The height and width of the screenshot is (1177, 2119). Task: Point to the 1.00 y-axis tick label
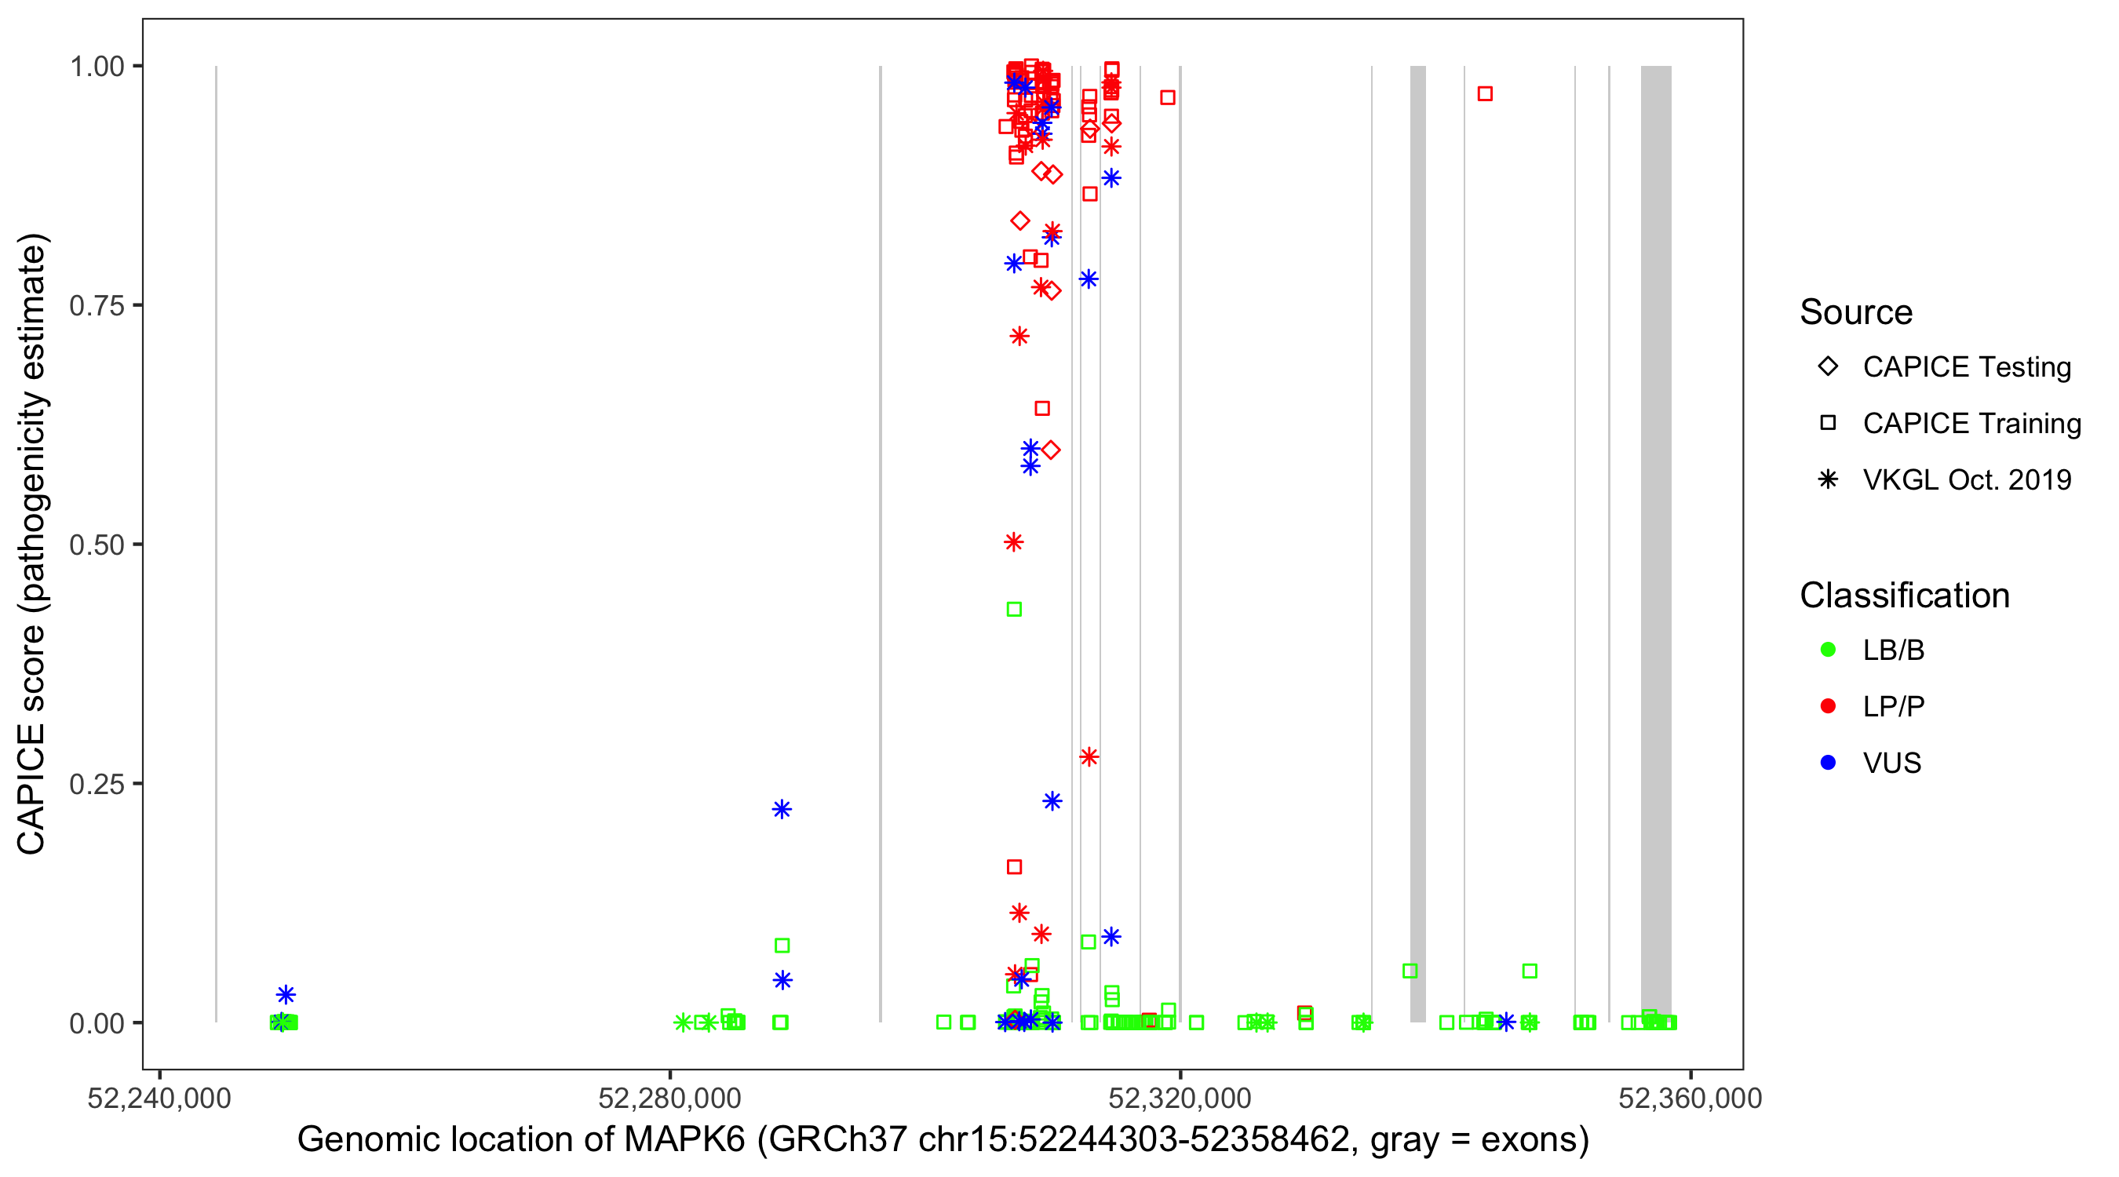tap(97, 67)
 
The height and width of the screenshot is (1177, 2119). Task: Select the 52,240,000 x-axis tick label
tap(159, 1098)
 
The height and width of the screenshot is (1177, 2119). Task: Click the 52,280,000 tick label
tap(669, 1098)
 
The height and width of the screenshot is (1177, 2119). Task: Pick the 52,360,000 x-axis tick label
tap(1690, 1098)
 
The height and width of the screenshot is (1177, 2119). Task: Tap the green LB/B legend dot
tap(1828, 650)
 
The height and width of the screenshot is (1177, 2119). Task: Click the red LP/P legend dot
tap(1828, 706)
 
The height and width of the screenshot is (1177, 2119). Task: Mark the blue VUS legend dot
tap(1828, 763)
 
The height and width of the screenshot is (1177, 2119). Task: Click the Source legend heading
tap(1856, 312)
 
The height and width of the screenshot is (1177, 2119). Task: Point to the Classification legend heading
tap(1904, 596)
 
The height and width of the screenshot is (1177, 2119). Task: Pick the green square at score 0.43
tap(1014, 610)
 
